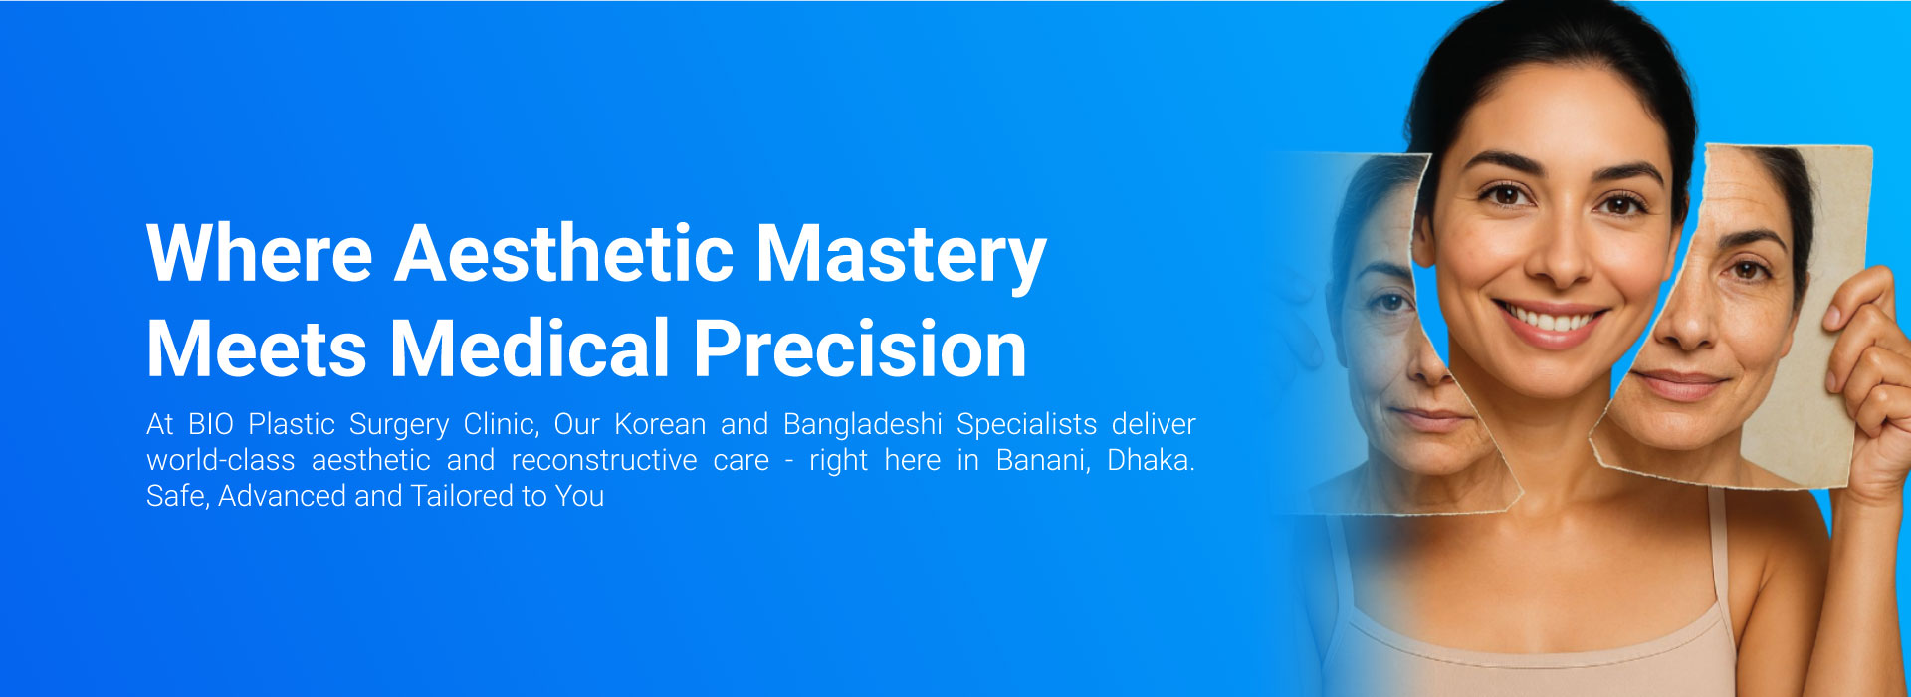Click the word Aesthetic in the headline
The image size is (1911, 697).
(x=564, y=253)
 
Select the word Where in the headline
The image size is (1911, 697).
(x=260, y=253)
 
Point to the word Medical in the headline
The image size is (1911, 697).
(x=530, y=348)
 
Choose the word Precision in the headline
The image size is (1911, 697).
(x=860, y=348)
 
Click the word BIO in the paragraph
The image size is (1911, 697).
(x=211, y=424)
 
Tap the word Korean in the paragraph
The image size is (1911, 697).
(x=660, y=424)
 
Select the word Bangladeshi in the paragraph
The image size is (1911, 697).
(x=863, y=425)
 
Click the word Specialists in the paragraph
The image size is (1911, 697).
(x=1027, y=425)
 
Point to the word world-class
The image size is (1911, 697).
(x=221, y=460)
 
